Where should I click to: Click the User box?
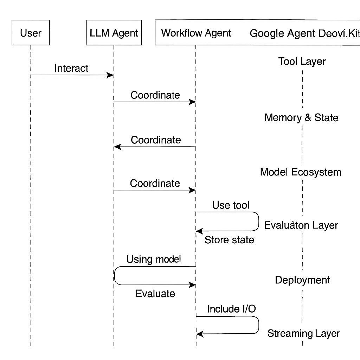pyautogui.click(x=31, y=33)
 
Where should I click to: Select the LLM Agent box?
pyautogui.click(x=114, y=33)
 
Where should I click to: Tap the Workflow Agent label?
pyautogui.click(x=196, y=33)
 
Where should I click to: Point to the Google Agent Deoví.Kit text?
pyautogui.click(x=304, y=33)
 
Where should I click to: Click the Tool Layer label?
pyautogui.click(x=302, y=61)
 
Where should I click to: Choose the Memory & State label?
pyautogui.click(x=301, y=117)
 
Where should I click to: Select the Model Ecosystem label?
pyautogui.click(x=301, y=172)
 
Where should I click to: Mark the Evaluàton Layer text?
pyautogui.click(x=301, y=225)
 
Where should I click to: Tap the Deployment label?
pyautogui.click(x=302, y=280)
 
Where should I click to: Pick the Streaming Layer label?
pyautogui.click(x=303, y=333)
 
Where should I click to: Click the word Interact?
pyautogui.click(x=71, y=68)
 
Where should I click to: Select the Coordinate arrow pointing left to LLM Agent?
pyautogui.click(x=155, y=147)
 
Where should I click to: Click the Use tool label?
pyautogui.click(x=231, y=205)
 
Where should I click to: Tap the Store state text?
pyautogui.click(x=229, y=240)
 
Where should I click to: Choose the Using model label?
pyautogui.click(x=154, y=259)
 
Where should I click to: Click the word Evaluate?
pyautogui.click(x=155, y=293)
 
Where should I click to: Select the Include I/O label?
pyautogui.click(x=231, y=309)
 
